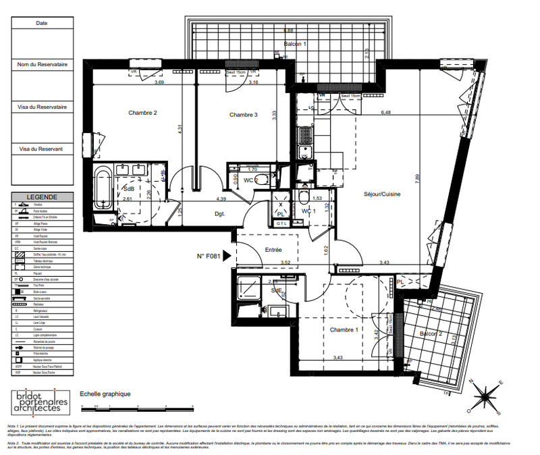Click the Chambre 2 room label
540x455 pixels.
click(142, 113)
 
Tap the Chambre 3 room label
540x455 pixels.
click(243, 115)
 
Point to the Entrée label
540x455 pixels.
click(273, 250)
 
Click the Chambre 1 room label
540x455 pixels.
click(343, 329)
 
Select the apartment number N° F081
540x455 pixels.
click(209, 256)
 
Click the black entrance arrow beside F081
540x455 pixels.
click(227, 256)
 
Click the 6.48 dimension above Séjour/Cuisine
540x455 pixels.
click(385, 113)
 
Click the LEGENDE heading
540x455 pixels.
click(42, 197)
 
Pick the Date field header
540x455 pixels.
click(42, 23)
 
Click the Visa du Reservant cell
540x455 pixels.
click(42, 149)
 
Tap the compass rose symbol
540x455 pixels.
click(486, 396)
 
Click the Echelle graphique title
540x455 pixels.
click(105, 394)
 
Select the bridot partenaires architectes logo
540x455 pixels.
click(41, 402)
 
